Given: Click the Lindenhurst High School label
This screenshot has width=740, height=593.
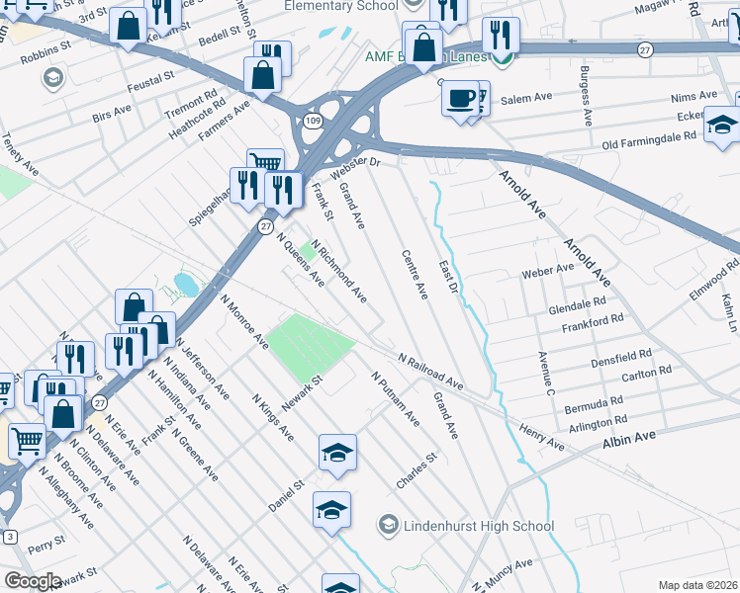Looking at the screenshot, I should (x=479, y=526).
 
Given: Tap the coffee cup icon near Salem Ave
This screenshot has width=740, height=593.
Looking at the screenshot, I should (x=460, y=99).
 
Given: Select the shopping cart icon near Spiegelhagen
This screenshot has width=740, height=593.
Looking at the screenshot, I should (x=265, y=164).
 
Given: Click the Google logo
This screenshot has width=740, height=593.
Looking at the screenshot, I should (x=32, y=581).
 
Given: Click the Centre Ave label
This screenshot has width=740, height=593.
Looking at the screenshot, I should (x=415, y=275).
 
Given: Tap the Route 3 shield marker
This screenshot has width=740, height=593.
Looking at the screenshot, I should (x=10, y=537).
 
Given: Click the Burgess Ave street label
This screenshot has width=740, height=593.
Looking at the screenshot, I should (x=586, y=96).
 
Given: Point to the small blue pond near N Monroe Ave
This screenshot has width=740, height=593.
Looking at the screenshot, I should (x=185, y=286).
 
